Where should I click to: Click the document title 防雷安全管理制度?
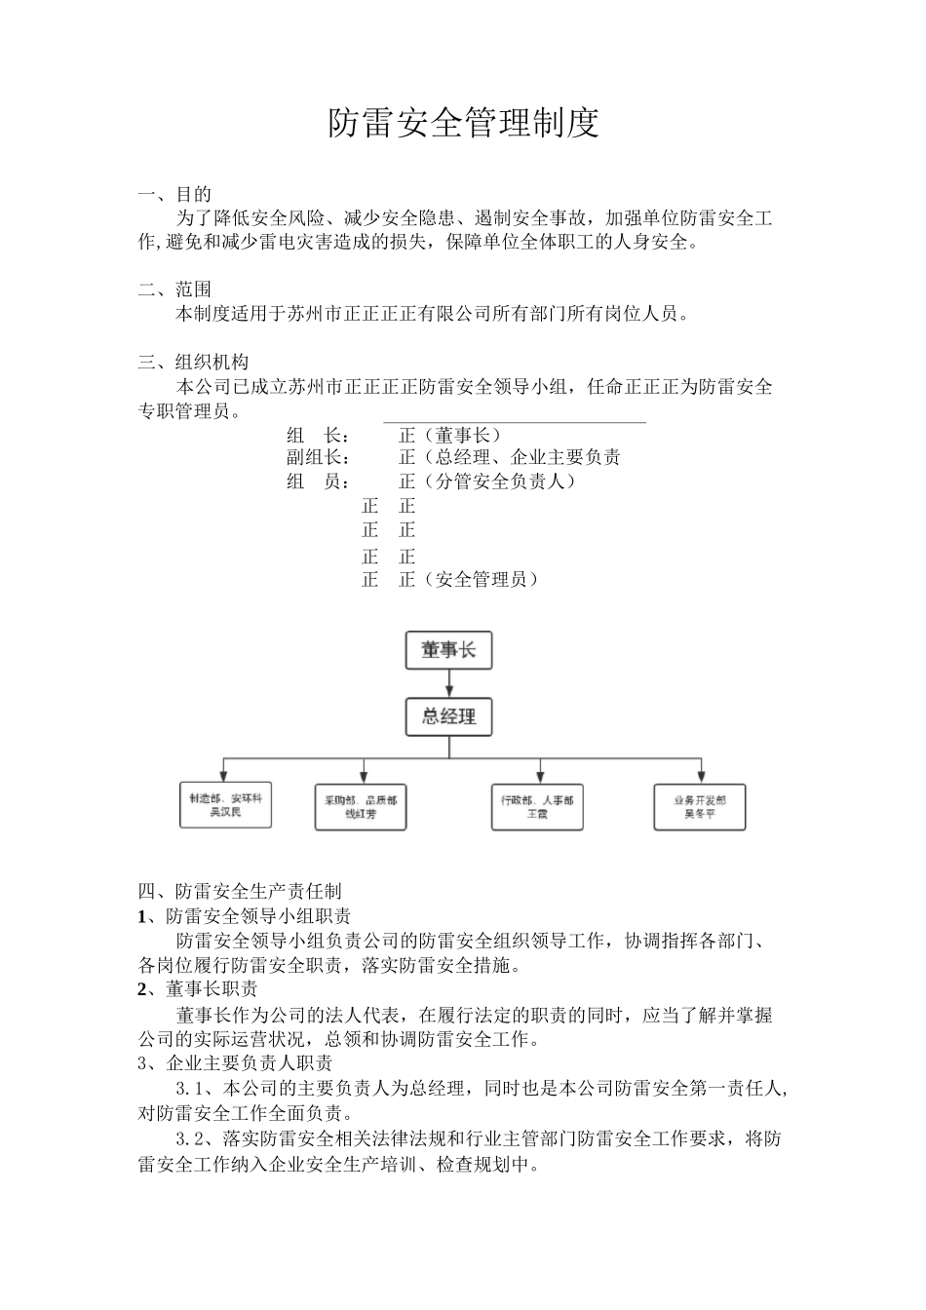pos(463,123)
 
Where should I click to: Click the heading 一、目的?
pos(175,194)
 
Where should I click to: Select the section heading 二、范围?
pos(175,289)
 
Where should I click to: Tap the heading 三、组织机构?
pos(194,363)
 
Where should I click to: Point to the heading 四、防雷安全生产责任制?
pos(240,891)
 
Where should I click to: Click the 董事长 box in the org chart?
pos(448,650)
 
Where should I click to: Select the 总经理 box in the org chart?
pos(448,717)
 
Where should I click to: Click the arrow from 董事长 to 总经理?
pos(448,683)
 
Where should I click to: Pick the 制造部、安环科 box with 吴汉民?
pos(225,805)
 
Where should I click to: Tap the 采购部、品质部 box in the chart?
pos(361,806)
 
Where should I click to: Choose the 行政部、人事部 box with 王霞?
pos(537,806)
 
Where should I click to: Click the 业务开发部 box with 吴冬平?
pos(699,806)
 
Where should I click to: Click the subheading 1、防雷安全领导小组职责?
pos(245,916)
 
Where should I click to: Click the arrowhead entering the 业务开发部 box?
pos(699,779)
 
